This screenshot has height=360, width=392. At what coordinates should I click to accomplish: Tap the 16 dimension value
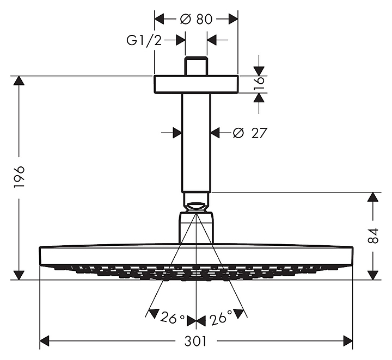click(260, 83)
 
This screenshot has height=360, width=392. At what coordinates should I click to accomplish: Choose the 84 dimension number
click(373, 236)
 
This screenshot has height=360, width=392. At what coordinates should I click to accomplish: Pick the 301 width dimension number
click(196, 342)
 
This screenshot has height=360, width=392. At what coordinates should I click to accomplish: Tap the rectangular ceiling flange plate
click(196, 84)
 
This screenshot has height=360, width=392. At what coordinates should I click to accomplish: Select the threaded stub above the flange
click(196, 66)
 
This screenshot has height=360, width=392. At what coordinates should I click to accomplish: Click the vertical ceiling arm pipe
click(196, 141)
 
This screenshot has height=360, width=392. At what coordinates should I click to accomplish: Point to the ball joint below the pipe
click(196, 207)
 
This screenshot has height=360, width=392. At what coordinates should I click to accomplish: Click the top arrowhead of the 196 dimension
click(19, 82)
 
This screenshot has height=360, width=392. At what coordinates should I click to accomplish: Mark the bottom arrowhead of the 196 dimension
click(19, 274)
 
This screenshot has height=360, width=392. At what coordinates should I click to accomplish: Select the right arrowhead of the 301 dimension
click(347, 342)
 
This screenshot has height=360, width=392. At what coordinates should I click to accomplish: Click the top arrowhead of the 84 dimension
click(373, 198)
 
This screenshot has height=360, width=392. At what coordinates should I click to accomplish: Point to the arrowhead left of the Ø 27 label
click(175, 132)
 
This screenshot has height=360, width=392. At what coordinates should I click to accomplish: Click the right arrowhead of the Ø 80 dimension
click(232, 19)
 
